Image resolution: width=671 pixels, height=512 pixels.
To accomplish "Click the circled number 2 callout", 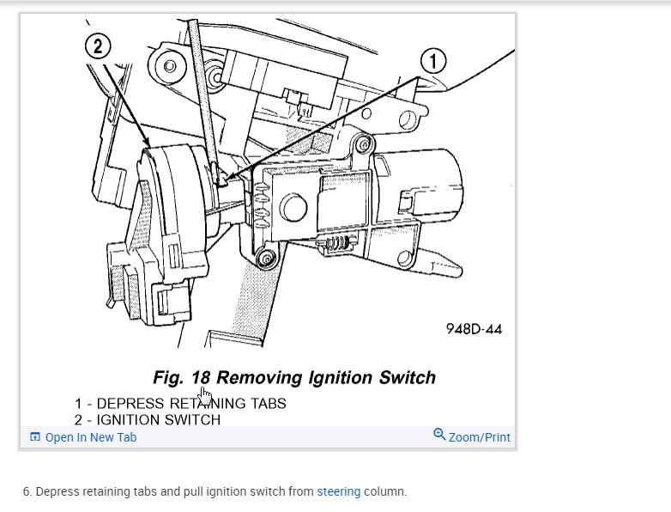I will point(96,47).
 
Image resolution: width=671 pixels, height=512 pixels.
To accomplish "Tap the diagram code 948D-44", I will point(474,329).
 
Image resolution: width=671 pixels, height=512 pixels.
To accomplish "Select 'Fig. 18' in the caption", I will point(182,377).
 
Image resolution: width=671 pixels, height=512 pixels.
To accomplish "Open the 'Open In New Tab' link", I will point(90,437).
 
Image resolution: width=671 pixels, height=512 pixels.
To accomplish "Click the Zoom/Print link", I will point(479,437).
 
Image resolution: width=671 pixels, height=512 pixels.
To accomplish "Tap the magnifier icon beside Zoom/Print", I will point(439,436).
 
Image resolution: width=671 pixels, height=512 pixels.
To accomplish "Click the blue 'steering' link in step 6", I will point(339,492).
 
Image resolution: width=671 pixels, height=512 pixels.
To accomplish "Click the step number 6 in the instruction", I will point(27,492).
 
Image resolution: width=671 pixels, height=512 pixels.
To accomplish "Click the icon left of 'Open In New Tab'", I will point(35,437).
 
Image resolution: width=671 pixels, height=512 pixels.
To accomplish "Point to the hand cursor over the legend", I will point(205,396).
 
